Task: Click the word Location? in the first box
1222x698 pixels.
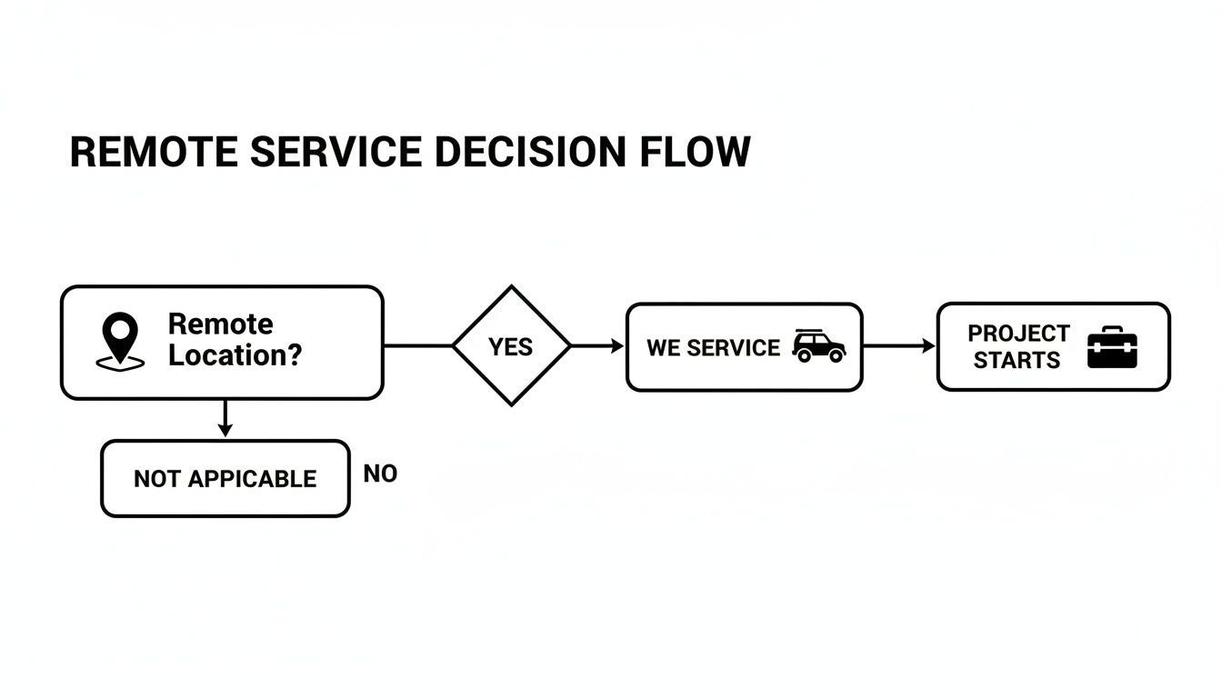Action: pos(235,355)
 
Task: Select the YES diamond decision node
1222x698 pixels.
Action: pos(511,346)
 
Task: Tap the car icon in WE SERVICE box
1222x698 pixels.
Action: pos(818,346)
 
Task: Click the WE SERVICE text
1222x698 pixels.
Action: pos(713,348)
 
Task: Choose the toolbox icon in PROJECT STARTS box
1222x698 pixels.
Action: pos(1112,347)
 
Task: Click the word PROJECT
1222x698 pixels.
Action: pos(1018,334)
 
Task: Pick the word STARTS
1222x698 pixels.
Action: pos(1017,361)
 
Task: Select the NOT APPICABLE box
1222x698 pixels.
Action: pos(225,479)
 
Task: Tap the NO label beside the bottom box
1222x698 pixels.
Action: pos(380,474)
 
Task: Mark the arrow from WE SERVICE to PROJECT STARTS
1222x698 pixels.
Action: pos(899,346)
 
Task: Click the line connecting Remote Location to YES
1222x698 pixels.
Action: pos(417,346)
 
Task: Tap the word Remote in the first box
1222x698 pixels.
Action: pos(220,324)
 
